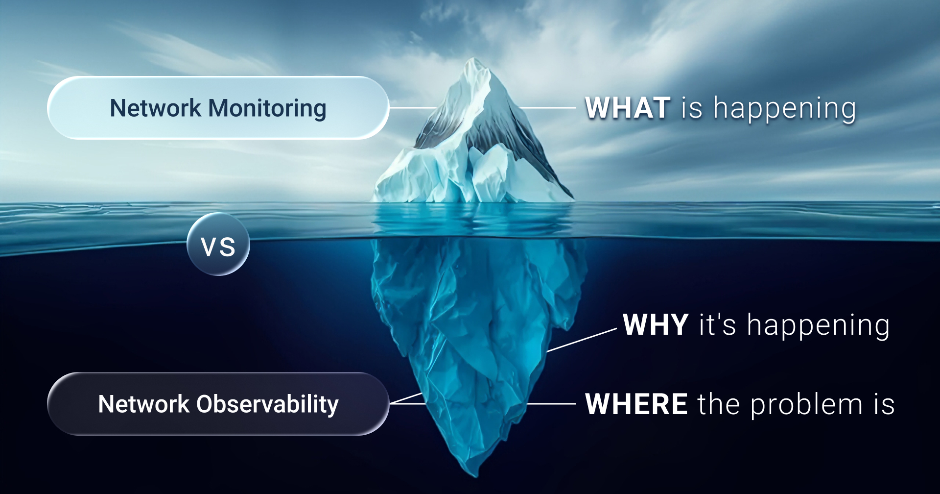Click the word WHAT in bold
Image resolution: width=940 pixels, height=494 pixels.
[628, 108]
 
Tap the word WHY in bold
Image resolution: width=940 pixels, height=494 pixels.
[656, 325]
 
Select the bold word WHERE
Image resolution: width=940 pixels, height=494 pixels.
[636, 404]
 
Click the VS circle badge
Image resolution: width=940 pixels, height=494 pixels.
[218, 244]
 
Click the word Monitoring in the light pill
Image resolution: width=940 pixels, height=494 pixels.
[267, 108]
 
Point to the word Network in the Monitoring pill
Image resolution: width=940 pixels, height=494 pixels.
[155, 108]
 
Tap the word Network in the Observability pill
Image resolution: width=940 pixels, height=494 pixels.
[143, 404]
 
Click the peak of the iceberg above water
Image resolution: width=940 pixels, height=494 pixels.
[474, 61]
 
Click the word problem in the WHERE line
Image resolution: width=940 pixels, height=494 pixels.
[806, 405]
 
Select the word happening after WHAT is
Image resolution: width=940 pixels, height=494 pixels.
[784, 109]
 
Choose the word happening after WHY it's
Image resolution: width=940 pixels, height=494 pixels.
[818, 326]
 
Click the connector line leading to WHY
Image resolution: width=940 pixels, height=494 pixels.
[582, 341]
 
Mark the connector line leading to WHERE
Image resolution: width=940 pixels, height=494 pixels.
[551, 404]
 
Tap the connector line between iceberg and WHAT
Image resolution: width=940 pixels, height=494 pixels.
[547, 108]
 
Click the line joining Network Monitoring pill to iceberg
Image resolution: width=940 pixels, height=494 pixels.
[412, 108]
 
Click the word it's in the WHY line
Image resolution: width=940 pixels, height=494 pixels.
[717, 325]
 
